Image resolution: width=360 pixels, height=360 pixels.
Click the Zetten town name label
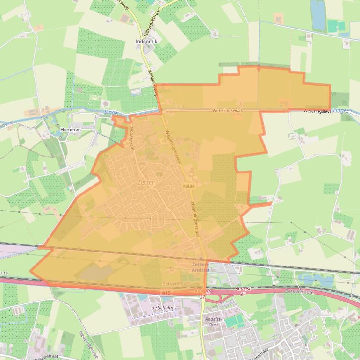(146, 183)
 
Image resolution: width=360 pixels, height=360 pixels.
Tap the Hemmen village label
(71, 130)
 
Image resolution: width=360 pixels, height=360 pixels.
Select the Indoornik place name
(146, 42)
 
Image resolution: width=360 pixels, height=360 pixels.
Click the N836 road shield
(189, 186)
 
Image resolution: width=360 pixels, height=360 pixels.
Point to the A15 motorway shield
(166, 293)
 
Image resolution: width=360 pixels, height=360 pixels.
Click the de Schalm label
(163, 308)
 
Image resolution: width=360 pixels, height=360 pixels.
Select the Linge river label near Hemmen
(111, 112)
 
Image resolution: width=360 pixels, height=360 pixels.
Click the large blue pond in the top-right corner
(318, 15)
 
